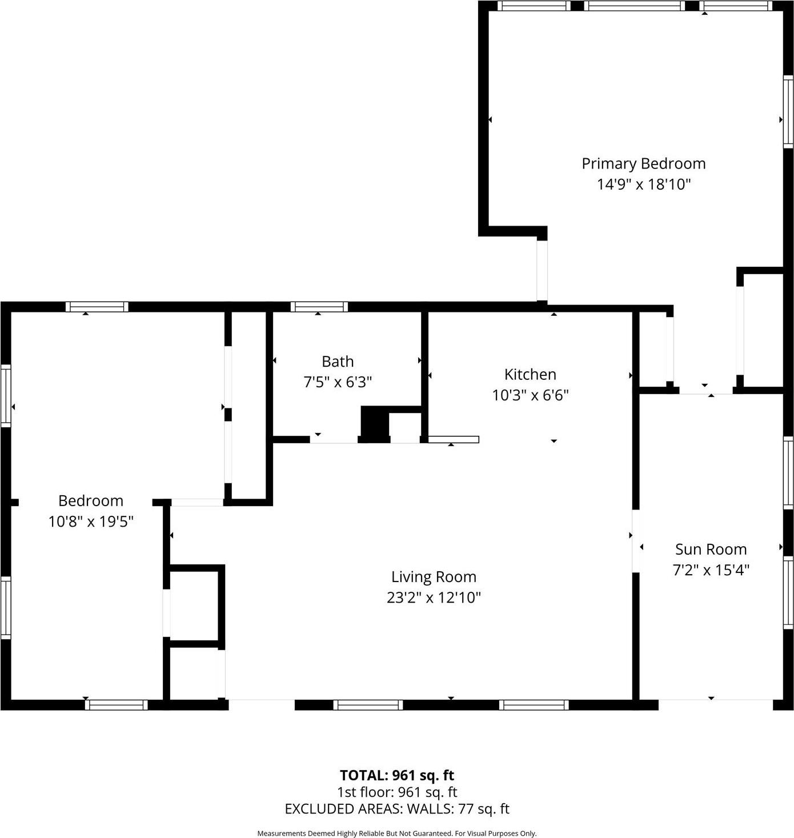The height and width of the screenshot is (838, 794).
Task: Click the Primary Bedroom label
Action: pyautogui.click(x=643, y=164)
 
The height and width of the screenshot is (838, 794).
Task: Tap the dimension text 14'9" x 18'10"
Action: pyautogui.click(x=644, y=185)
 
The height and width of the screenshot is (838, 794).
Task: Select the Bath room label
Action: pyautogui.click(x=338, y=362)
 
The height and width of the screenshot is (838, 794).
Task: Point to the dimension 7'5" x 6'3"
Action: pyautogui.click(x=338, y=382)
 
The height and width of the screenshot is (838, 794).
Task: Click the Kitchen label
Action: pyautogui.click(x=530, y=375)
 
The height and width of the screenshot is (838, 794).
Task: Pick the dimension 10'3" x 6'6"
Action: pyautogui.click(x=530, y=395)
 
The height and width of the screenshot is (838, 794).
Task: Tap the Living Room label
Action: pyautogui.click(x=434, y=577)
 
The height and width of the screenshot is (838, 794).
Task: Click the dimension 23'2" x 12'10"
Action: pyautogui.click(x=434, y=598)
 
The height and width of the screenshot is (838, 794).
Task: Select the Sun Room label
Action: pyautogui.click(x=711, y=550)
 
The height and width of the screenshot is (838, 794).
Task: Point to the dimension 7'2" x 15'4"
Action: pyautogui.click(x=711, y=570)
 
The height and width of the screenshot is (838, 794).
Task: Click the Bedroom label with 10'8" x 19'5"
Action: pyautogui.click(x=91, y=501)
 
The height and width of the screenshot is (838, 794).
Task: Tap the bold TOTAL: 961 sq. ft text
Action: pyautogui.click(x=397, y=775)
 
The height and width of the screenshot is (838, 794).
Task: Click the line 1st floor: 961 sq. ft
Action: pyautogui.click(x=397, y=792)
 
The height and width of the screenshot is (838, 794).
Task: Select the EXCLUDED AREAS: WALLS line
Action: pyautogui.click(x=397, y=809)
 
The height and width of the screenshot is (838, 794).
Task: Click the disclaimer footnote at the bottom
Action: pyautogui.click(x=397, y=833)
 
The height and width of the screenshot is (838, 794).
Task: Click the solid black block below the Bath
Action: pyautogui.click(x=375, y=424)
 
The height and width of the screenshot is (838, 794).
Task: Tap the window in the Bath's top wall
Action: pyautogui.click(x=319, y=307)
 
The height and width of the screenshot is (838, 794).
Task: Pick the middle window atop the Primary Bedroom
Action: pyautogui.click(x=634, y=6)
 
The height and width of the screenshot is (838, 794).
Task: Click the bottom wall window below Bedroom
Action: pyautogui.click(x=117, y=705)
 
